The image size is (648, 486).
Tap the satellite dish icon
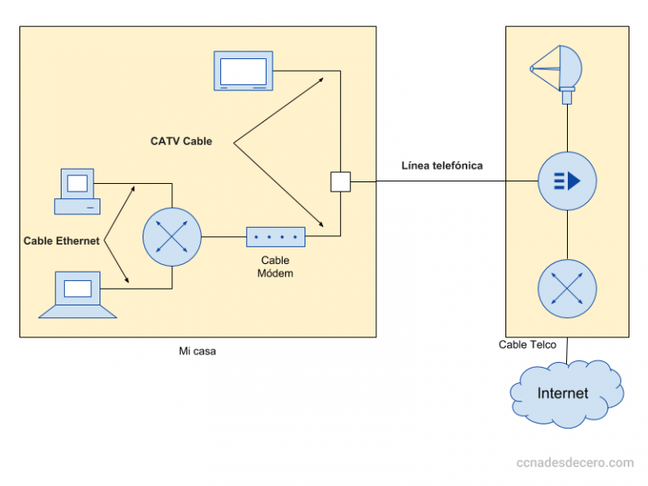(x=556, y=71)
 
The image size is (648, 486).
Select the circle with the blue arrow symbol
(x=567, y=181)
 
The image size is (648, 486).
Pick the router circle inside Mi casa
(x=172, y=237)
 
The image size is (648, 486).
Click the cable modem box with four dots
(x=276, y=237)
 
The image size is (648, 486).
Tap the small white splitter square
(x=340, y=182)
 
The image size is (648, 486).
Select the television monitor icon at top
(x=245, y=71)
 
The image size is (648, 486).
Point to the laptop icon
(x=78, y=294)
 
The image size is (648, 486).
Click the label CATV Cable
(x=181, y=142)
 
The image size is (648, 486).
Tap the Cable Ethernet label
(x=61, y=241)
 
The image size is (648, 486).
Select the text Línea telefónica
(x=442, y=165)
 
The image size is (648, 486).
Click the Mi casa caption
(x=197, y=351)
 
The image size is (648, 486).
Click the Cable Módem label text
(x=276, y=267)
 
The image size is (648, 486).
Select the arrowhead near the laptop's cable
(x=127, y=283)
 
